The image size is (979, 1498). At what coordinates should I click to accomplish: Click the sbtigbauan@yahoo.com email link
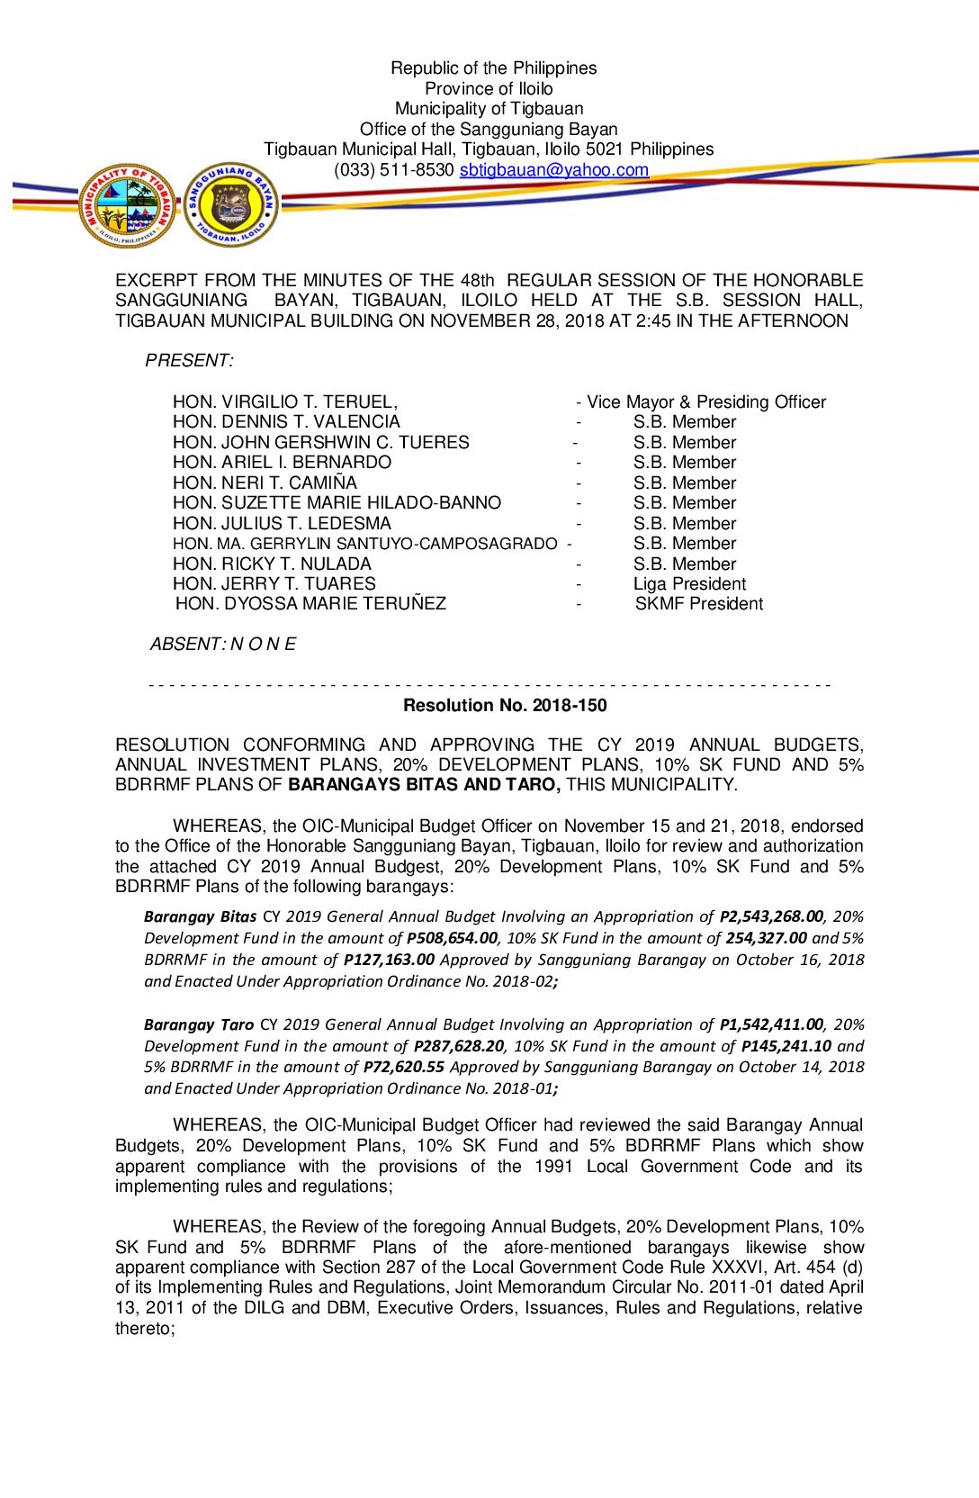click(553, 170)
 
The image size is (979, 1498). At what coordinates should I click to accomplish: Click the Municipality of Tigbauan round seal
click(127, 206)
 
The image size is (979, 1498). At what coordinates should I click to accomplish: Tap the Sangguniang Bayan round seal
click(231, 205)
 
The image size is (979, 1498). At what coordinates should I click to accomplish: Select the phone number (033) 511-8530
click(393, 170)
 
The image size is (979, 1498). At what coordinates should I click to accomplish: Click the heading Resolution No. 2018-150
click(505, 706)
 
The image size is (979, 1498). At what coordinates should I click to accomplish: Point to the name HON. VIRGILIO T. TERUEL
click(284, 402)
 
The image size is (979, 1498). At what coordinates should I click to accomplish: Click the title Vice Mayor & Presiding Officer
click(706, 402)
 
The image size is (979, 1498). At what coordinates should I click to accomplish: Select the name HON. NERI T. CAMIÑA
click(265, 483)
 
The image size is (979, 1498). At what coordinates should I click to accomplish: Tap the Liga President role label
click(689, 583)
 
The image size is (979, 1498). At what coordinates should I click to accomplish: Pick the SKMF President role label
click(698, 604)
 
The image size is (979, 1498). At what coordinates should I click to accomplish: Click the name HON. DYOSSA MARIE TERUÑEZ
click(310, 604)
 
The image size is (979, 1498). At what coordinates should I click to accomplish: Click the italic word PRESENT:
click(189, 361)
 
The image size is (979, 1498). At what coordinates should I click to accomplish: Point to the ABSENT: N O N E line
click(223, 645)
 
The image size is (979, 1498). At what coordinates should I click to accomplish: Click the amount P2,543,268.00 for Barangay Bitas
click(771, 916)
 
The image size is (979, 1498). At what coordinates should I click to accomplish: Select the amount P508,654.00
click(452, 938)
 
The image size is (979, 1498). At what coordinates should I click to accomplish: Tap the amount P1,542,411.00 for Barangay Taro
click(771, 1024)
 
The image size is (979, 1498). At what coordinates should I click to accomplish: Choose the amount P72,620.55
click(404, 1067)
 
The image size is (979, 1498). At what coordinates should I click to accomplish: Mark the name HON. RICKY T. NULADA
click(272, 564)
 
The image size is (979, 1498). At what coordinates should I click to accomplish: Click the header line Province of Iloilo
click(489, 88)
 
